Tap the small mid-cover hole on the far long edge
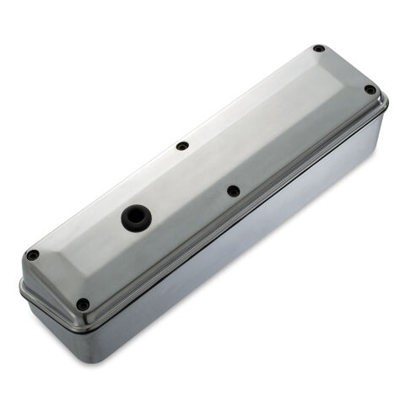click(x=182, y=146)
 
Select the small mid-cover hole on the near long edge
click(x=233, y=191)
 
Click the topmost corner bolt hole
click(x=318, y=49)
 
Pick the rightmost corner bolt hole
click(x=370, y=89)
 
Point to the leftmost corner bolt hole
click(x=32, y=255)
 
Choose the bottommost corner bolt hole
click(x=82, y=304)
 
